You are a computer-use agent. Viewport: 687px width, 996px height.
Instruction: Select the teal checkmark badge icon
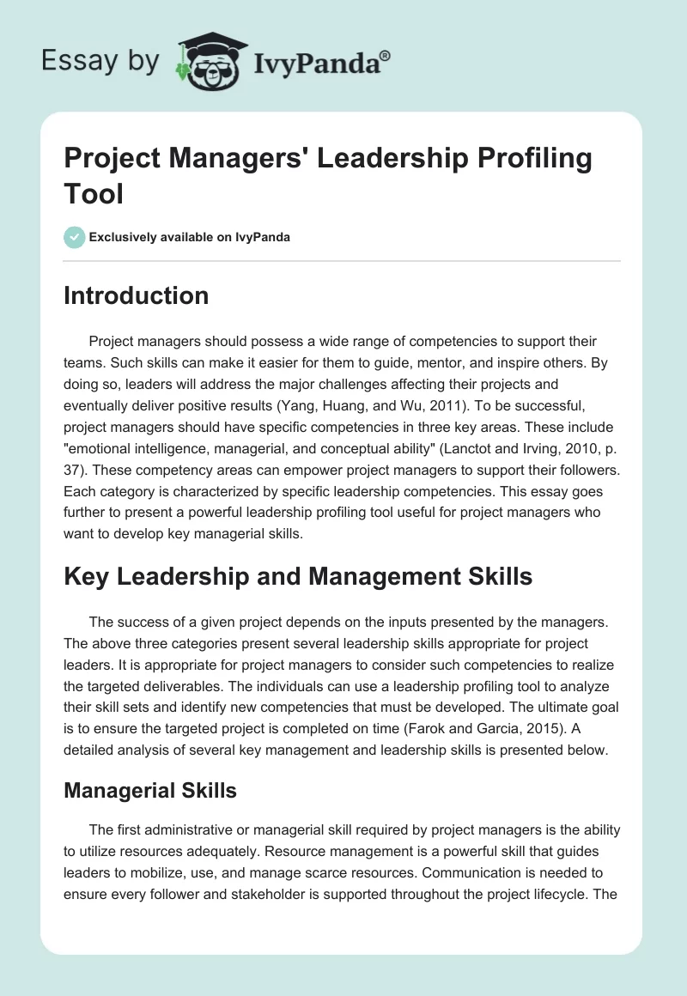[75, 237]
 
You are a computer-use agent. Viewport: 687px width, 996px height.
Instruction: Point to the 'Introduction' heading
[137, 295]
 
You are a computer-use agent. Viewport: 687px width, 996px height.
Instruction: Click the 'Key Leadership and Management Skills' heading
[298, 576]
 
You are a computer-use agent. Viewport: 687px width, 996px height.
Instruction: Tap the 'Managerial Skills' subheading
[150, 790]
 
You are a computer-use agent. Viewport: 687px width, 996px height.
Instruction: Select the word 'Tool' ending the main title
[94, 193]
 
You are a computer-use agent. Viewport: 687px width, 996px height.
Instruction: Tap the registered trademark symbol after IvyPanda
[386, 54]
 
